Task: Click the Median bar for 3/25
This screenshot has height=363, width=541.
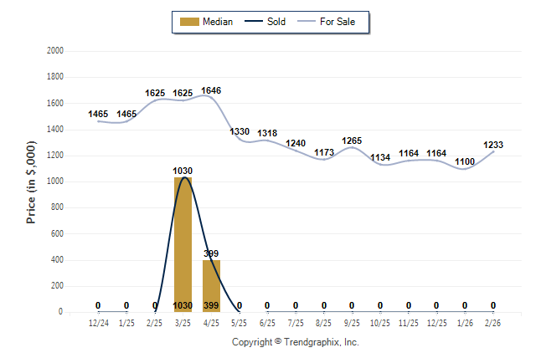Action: pyautogui.click(x=183, y=243)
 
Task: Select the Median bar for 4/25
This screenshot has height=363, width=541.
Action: pyautogui.click(x=211, y=284)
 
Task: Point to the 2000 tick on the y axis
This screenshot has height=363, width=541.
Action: pyautogui.click(x=55, y=50)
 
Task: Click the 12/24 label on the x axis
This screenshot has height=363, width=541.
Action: pyautogui.click(x=98, y=321)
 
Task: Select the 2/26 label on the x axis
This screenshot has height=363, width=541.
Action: pyautogui.click(x=493, y=321)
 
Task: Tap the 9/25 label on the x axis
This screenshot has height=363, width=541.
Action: pyautogui.click(x=352, y=321)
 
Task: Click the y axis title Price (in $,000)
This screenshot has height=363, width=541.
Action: pyautogui.click(x=31, y=181)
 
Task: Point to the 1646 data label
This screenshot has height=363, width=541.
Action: pyautogui.click(x=211, y=90)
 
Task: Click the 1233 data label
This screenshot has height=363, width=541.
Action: pyautogui.click(x=493, y=145)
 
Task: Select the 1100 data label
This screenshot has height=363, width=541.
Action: pyautogui.click(x=465, y=161)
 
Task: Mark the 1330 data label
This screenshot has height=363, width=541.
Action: pyautogui.click(x=240, y=131)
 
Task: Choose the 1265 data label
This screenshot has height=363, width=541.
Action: pyautogui.click(x=352, y=141)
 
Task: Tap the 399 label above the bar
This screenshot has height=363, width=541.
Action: pyautogui.click(x=211, y=253)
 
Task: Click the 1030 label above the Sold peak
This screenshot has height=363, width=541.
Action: pyautogui.click(x=183, y=171)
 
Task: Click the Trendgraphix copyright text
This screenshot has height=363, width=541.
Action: pyautogui.click(x=295, y=342)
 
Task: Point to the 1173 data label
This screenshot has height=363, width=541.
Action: pyautogui.click(x=324, y=152)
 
